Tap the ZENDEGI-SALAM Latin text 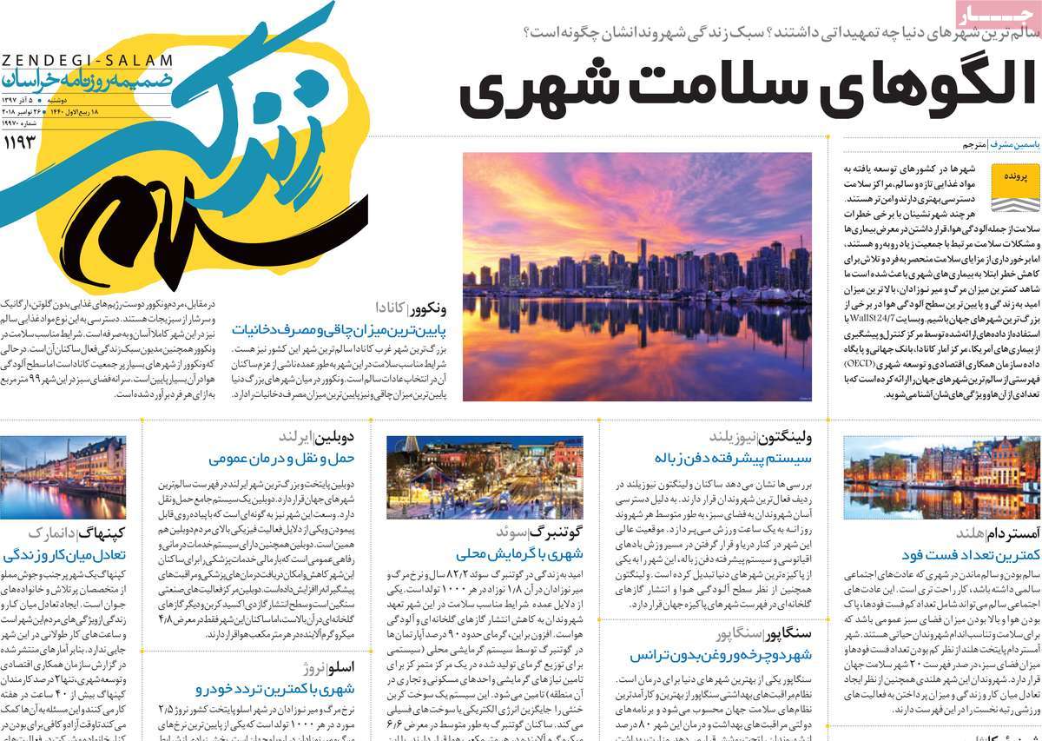pos(87,59)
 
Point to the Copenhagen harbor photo pos(63,477)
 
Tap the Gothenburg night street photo pos(485,477)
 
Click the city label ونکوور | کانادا pos(411,307)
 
